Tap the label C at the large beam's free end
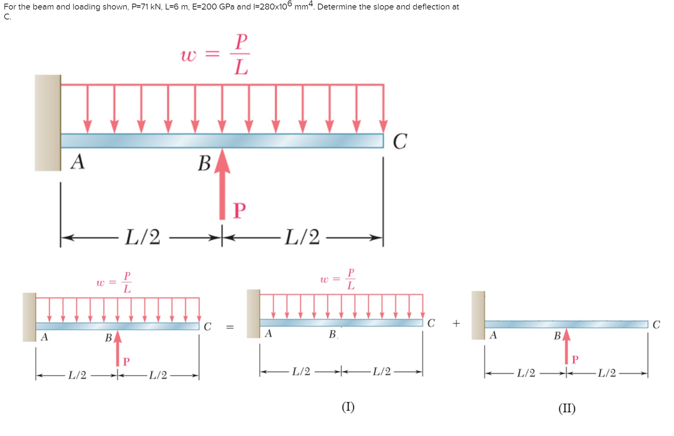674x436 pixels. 400,141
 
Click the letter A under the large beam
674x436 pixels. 78,162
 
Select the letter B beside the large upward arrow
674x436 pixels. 204,163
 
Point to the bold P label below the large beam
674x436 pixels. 239,210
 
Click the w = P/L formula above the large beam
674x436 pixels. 215,54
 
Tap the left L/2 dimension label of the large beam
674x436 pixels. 142,237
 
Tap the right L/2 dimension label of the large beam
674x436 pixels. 302,237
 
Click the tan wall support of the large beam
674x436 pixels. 48,123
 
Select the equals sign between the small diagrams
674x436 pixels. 230,327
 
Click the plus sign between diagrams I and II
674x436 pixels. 456,323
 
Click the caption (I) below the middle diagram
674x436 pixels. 348,407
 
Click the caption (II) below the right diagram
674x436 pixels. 567,408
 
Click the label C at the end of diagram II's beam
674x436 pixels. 656,325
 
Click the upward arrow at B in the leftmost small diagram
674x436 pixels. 117,348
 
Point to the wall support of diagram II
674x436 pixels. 478,315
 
